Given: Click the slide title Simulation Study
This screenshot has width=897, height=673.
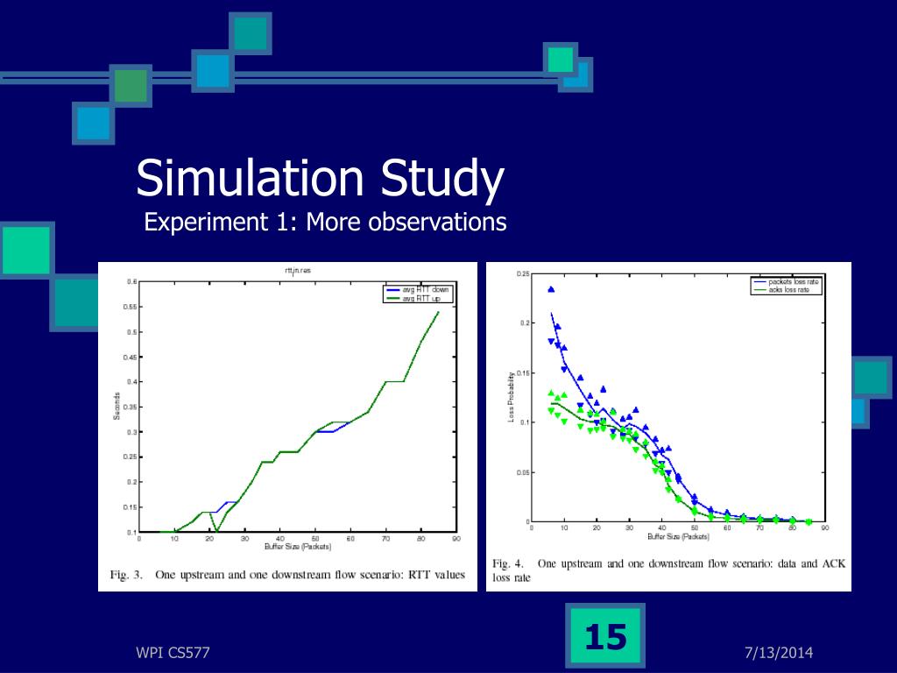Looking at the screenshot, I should (320, 178).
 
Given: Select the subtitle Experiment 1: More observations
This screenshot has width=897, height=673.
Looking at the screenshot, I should (325, 222).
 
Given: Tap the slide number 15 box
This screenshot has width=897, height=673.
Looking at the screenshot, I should (605, 637).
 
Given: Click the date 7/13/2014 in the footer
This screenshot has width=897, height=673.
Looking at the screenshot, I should (779, 652).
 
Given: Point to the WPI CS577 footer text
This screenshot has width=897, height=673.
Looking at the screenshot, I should (173, 652).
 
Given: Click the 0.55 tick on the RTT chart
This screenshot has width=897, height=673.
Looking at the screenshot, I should (130, 307).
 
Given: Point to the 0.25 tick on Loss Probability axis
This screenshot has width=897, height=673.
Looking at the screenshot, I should (524, 274).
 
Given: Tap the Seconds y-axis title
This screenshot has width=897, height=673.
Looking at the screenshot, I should (116, 407).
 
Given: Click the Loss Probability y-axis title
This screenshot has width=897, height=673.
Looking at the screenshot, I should (512, 398).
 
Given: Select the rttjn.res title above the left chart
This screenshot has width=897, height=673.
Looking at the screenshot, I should (297, 271).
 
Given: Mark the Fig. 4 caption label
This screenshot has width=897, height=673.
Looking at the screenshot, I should (509, 563).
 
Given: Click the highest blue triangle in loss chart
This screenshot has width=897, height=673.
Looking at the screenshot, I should (552, 289).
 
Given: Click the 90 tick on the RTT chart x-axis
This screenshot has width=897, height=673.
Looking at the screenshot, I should (456, 539).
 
